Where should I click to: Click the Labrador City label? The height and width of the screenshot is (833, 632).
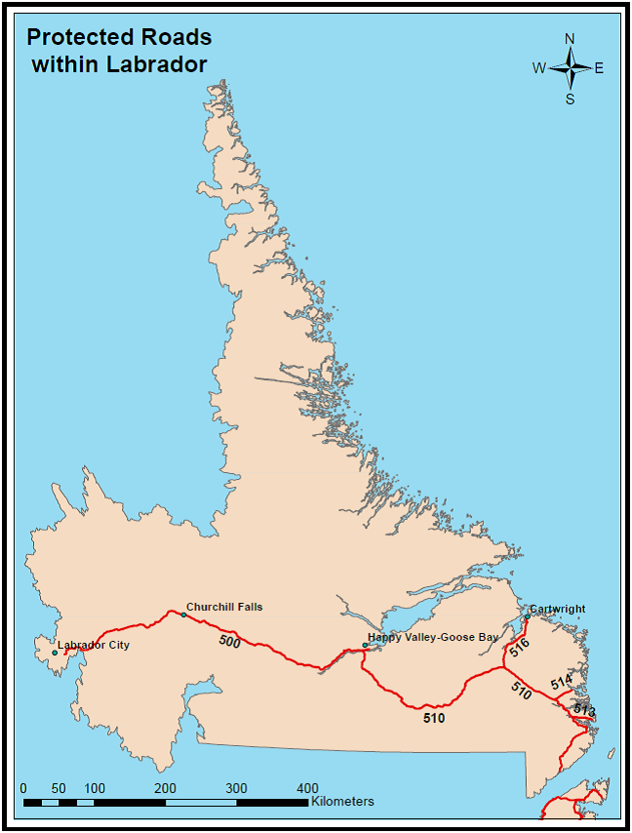[94, 645]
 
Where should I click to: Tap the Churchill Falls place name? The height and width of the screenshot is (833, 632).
[224, 607]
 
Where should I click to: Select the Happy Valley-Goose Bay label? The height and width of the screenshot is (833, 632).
[433, 637]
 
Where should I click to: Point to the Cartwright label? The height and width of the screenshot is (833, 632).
[558, 609]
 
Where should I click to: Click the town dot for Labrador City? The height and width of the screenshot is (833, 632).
[55, 653]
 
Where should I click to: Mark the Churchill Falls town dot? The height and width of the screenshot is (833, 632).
[183, 615]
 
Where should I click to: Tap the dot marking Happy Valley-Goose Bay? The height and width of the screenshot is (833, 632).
[365, 645]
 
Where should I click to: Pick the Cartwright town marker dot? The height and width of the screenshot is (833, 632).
[527, 617]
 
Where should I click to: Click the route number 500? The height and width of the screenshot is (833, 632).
[229, 642]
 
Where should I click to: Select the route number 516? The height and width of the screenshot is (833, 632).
[519, 646]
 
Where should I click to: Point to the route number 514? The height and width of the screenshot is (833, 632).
[561, 683]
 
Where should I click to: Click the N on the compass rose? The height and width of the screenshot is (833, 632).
[570, 39]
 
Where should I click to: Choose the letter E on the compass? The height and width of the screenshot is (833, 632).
[599, 67]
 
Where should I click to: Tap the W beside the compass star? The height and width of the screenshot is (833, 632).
[538, 67]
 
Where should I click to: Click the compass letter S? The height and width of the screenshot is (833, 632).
[570, 98]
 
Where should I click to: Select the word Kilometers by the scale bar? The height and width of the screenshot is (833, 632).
[343, 801]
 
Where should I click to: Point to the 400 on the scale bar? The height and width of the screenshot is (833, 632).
[307, 788]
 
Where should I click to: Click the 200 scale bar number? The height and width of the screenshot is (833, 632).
[165, 788]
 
